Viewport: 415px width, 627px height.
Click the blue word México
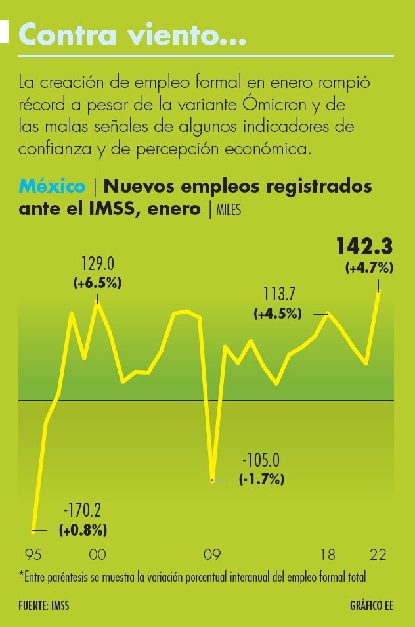point(52,186)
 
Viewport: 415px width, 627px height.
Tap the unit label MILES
point(227,210)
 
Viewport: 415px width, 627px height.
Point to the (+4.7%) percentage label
point(368,267)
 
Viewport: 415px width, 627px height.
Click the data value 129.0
point(97,264)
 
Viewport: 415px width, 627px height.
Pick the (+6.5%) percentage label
point(97,283)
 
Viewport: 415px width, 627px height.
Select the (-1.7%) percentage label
point(261,478)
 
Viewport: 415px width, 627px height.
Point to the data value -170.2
point(82,510)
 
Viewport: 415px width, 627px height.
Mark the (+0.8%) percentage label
point(83,529)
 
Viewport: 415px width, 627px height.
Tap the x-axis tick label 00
point(97,555)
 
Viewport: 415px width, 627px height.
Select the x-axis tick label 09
point(211,555)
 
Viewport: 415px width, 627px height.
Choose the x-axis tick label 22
point(378,555)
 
